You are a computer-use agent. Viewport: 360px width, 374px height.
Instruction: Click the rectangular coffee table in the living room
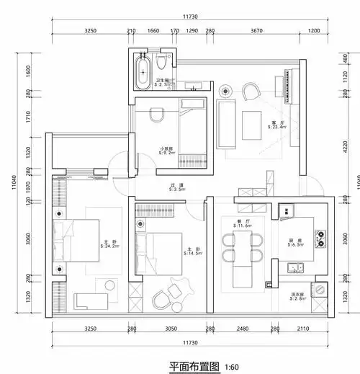[252, 125]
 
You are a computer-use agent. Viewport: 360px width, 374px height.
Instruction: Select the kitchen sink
[294, 268]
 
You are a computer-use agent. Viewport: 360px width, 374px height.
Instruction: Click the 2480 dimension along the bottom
[242, 328]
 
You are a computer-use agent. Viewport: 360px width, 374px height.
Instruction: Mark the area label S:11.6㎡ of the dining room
[243, 226]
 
